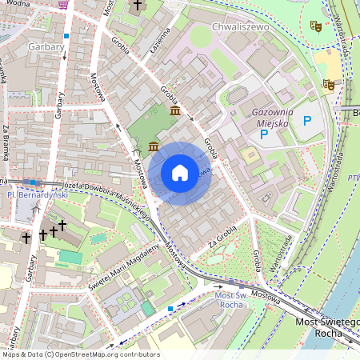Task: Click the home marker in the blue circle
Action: click(x=180, y=173)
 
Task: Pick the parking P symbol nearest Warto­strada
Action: click(x=307, y=121)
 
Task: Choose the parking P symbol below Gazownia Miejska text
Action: click(x=263, y=135)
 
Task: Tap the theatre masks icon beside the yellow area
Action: click(x=328, y=84)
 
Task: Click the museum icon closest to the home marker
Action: click(x=153, y=146)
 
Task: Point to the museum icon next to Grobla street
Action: click(x=174, y=110)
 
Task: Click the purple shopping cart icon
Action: click(x=63, y=4)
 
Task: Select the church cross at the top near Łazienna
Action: click(x=137, y=6)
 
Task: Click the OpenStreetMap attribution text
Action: click(x=80, y=354)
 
